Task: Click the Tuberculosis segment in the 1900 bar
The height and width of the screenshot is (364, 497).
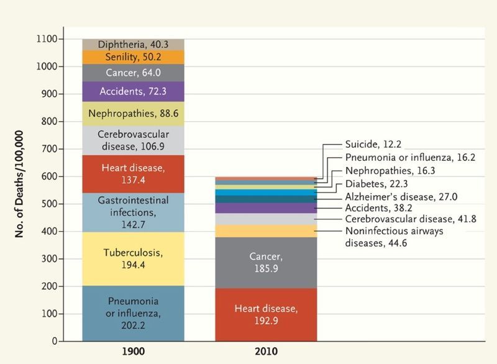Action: [133, 258]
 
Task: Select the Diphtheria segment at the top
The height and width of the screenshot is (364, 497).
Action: [133, 45]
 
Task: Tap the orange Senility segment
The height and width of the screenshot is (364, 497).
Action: [133, 57]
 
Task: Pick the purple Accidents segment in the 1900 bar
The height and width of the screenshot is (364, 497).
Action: [133, 92]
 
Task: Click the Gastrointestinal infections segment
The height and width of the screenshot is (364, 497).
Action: [133, 212]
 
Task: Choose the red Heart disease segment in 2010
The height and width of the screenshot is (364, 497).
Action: [266, 314]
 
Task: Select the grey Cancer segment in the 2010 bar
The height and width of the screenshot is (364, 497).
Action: [266, 262]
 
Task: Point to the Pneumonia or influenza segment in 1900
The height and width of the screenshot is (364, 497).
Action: [133, 313]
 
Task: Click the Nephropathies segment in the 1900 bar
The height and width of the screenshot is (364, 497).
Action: [133, 114]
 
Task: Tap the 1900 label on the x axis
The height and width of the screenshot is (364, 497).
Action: [133, 352]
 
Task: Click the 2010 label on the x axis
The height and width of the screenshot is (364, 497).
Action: [266, 352]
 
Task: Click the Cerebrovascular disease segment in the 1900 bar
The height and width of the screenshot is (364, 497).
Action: [133, 140]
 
